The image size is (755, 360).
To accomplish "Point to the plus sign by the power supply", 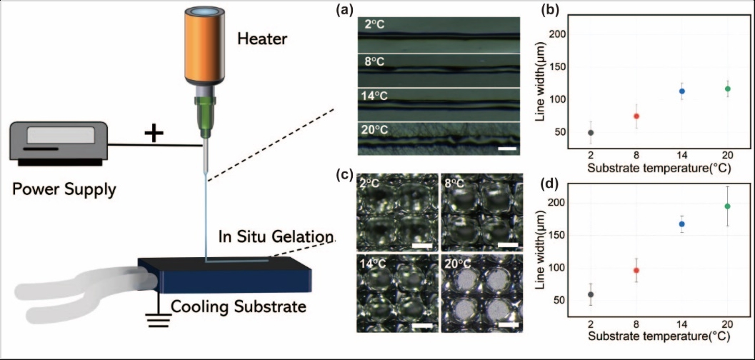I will tap(151, 133).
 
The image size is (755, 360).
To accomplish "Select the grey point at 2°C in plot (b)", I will tap(591, 133).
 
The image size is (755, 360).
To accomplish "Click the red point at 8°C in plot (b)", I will tap(636, 116).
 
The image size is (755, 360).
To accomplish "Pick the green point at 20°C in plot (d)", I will tap(727, 206).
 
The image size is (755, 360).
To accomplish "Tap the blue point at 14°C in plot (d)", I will tap(681, 224).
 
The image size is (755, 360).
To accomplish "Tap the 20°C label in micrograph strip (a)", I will tap(374, 131).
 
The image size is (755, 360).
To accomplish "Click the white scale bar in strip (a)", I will tap(506, 149).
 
